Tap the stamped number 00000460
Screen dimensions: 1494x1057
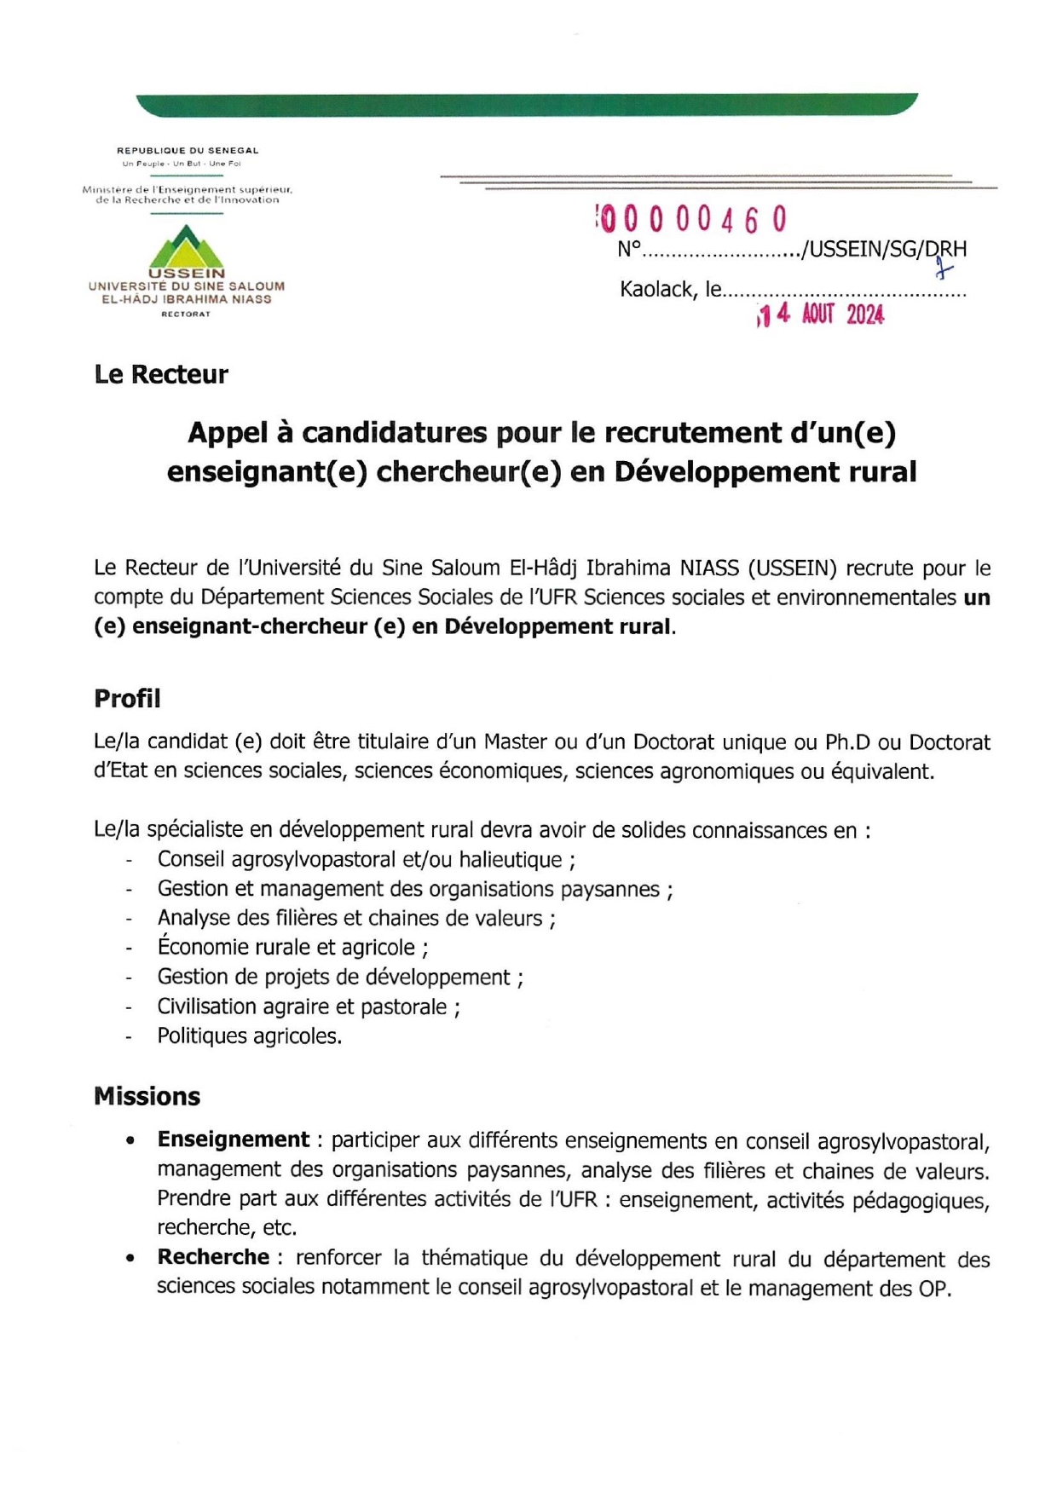coord(691,221)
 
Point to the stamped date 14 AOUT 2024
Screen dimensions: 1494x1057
coord(821,315)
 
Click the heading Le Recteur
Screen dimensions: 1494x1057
coord(161,375)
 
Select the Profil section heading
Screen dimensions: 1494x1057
coord(127,699)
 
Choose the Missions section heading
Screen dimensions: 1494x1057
coord(147,1096)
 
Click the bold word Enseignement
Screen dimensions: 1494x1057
coord(233,1140)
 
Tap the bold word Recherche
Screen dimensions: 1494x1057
coord(213,1257)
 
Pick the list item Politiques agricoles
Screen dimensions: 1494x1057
coord(249,1036)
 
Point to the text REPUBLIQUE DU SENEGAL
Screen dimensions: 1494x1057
coord(188,151)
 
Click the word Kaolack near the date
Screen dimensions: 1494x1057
coord(656,290)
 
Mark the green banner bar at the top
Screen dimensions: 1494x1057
coord(527,105)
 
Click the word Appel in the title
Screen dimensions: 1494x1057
coord(228,433)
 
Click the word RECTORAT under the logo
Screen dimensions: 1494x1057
coord(186,314)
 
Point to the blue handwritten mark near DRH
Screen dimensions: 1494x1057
coord(942,270)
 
